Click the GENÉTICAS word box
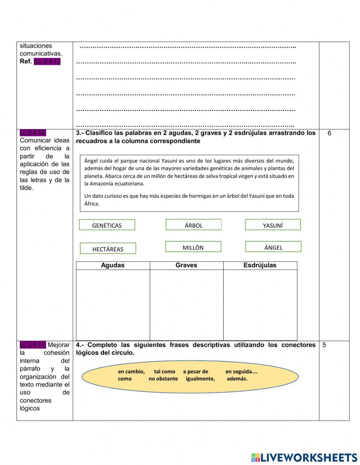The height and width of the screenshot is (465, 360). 107,225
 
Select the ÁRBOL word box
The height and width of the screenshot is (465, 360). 194,225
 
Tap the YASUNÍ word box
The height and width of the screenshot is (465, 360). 273,225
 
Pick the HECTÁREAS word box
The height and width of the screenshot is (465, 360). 108,249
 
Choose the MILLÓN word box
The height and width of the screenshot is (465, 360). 193,247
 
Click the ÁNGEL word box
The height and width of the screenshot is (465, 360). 273,247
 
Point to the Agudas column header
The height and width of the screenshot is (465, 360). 113,265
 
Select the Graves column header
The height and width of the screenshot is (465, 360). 186,265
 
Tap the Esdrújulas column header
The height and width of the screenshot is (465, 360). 260,265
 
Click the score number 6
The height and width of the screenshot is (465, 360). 329,133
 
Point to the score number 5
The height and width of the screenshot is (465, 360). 324,345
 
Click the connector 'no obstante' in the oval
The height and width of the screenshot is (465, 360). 163,379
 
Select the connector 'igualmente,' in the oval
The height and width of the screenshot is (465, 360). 200,379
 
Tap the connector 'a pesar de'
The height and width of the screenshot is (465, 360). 195,371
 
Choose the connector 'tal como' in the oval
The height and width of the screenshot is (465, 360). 165,371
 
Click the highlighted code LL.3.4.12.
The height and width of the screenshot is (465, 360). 33,133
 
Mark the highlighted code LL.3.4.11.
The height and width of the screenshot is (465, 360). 33,345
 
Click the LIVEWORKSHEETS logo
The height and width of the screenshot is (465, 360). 304,457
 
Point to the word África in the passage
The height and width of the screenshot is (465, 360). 91,204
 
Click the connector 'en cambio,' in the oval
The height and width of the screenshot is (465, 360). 131,371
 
